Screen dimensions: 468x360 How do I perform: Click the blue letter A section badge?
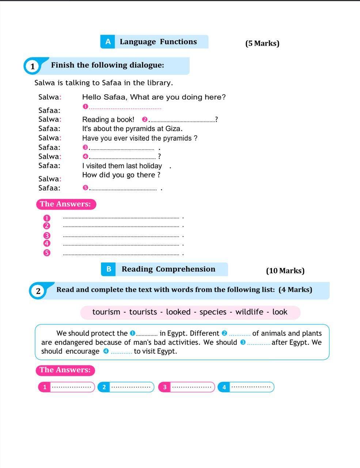tap(108, 42)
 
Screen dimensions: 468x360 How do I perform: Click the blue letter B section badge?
tap(109, 269)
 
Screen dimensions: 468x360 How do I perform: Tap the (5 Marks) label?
tap(262, 43)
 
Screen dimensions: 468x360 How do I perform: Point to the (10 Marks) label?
tap(285, 271)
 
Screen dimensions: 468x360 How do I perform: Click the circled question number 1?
tap(33, 66)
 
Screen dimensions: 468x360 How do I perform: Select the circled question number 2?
tap(38, 291)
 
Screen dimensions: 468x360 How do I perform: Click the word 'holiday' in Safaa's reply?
tap(151, 166)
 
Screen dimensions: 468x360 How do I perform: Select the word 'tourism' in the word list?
tap(106, 312)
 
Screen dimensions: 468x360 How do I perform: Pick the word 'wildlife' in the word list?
tap(249, 312)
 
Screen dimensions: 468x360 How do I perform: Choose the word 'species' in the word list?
tap(213, 312)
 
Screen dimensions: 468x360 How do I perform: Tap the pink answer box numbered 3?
tap(186, 387)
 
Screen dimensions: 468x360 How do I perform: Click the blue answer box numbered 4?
tap(246, 387)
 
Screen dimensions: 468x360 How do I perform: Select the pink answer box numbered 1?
tap(66, 387)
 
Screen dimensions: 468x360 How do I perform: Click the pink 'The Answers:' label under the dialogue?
tap(65, 204)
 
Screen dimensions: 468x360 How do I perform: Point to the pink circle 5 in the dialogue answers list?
tap(46, 253)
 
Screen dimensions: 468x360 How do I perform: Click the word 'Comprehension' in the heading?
tap(185, 269)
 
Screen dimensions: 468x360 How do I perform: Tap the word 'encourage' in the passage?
tap(82, 351)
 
